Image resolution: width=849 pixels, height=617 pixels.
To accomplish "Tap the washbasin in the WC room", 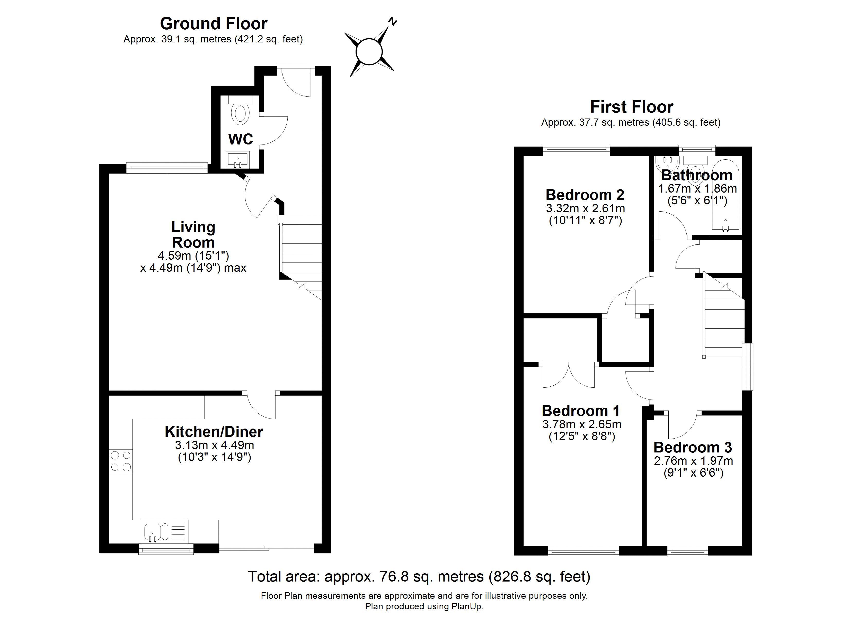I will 237,160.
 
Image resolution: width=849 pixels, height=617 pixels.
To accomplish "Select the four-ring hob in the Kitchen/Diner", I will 121,461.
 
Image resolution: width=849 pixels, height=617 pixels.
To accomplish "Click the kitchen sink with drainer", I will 165,531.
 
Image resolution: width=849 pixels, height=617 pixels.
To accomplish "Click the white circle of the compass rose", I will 369,52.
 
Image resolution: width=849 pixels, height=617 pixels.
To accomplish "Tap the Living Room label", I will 193,235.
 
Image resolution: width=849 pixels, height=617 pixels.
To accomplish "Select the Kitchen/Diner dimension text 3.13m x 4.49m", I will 214,445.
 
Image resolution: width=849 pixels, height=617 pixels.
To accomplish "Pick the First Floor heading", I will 632,107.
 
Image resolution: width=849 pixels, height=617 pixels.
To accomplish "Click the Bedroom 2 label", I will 585,195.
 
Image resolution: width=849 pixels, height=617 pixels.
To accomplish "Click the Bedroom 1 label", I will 581,411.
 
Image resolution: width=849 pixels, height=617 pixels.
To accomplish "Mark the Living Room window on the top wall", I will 167,168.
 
